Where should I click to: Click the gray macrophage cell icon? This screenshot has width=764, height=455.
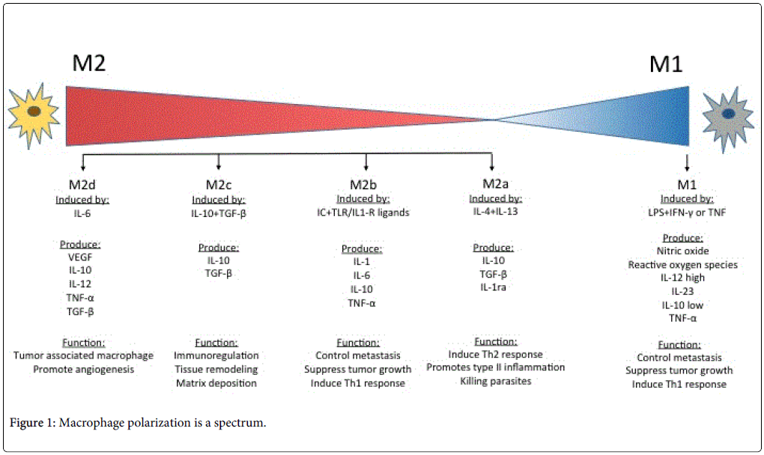[x=727, y=117]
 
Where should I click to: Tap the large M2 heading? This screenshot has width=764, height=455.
[x=88, y=64]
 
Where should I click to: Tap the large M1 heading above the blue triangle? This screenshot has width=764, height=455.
[x=666, y=64]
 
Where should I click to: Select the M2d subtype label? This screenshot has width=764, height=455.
[x=82, y=185]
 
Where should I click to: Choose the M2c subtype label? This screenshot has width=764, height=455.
[x=218, y=185]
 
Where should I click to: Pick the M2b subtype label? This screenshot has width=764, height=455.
[x=363, y=184]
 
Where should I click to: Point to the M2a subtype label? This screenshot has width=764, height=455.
[x=495, y=183]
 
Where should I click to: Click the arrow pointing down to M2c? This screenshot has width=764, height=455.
[x=218, y=162]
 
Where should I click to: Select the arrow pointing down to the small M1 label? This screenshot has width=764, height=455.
[x=687, y=163]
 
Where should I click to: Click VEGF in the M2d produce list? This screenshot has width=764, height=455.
[x=80, y=257]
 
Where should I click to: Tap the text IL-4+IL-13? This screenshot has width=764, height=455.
[x=495, y=211]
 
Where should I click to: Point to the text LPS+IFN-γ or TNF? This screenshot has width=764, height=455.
[x=687, y=213]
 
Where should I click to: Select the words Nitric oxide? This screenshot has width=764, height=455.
[x=682, y=251]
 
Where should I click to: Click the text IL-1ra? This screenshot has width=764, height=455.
[x=493, y=287]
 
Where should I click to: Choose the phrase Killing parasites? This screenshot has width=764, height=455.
[x=496, y=381]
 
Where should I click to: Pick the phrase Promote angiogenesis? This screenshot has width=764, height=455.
[x=83, y=370]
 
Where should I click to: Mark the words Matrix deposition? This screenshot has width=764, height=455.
[x=216, y=383]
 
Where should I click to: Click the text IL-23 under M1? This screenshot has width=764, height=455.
[x=682, y=292]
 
